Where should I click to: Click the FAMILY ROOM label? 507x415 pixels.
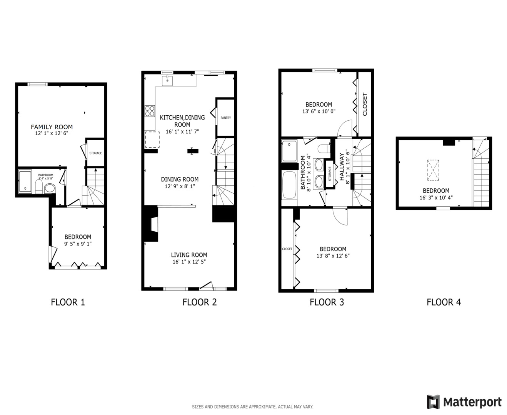pos(52,127)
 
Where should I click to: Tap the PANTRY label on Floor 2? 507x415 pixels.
pos(226,118)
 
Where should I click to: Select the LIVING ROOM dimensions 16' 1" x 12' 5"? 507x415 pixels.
pos(189,262)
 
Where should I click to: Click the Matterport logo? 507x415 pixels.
pos(464,402)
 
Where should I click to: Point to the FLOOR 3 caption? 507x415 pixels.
pos(327,302)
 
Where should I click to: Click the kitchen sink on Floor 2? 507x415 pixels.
pos(167,81)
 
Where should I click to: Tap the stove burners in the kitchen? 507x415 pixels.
pos(150,111)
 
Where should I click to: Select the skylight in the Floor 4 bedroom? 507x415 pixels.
pos(433,170)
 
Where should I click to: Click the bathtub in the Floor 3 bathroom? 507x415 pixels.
pos(289,185)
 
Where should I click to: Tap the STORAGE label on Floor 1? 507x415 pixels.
pos(96,153)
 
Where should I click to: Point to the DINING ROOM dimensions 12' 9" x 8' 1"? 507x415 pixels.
pos(180,186)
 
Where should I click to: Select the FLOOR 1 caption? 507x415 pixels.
pos(68,302)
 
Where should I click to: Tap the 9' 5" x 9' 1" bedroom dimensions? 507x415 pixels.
pos(78,244)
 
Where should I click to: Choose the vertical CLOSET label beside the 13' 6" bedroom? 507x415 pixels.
pos(365,104)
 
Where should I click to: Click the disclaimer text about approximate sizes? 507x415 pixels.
pos(253,407)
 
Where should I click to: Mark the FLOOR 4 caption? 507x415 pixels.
pos(444,302)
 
